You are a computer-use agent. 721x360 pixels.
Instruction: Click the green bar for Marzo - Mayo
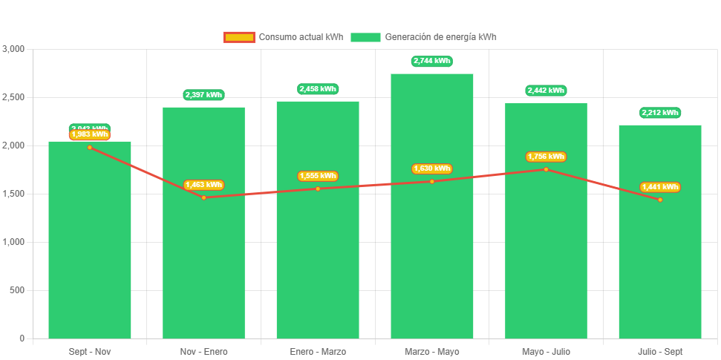pyautogui.click(x=431, y=223)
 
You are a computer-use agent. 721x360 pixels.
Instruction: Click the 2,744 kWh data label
pyautogui.click(x=431, y=61)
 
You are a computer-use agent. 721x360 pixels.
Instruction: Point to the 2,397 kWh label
pyautogui.click(x=203, y=95)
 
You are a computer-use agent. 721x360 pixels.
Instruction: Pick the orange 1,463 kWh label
pyautogui.click(x=203, y=185)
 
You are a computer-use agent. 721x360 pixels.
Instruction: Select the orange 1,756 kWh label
pyautogui.click(x=546, y=157)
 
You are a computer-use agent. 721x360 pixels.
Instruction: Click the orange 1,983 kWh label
pyautogui.click(x=90, y=134)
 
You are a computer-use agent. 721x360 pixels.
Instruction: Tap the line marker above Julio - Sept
pyautogui.click(x=659, y=200)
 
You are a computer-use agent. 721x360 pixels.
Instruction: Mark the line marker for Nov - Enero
pyautogui.click(x=203, y=197)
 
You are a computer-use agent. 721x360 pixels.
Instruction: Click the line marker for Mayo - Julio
pyautogui.click(x=546, y=169)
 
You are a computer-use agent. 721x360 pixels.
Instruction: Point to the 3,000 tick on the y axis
pyautogui.click(x=14, y=49)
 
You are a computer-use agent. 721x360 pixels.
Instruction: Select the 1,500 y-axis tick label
pyautogui.click(x=14, y=194)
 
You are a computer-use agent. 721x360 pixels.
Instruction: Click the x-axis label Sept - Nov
pyautogui.click(x=90, y=351)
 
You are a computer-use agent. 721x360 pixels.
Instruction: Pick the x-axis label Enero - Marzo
pyautogui.click(x=318, y=351)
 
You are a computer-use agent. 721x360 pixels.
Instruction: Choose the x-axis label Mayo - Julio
pyautogui.click(x=546, y=351)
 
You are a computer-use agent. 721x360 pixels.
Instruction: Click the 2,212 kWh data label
pyautogui.click(x=659, y=113)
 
